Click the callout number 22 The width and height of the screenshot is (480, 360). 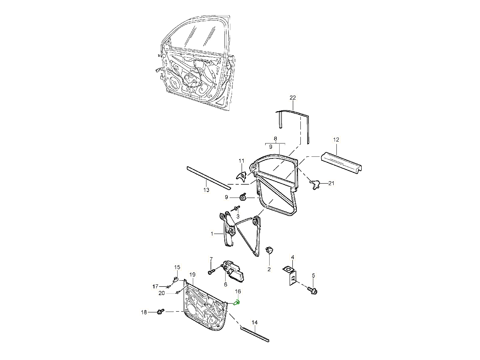(293, 98)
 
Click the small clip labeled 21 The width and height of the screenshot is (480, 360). (316, 184)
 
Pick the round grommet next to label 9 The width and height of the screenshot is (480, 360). (242, 197)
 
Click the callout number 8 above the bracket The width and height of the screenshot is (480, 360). (275, 139)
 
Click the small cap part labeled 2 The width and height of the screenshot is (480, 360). (269, 250)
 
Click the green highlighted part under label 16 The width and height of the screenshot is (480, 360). (236, 302)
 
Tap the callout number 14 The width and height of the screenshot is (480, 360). (254, 322)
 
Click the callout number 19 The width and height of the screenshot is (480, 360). (192, 275)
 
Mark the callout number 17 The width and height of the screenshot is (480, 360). (155, 286)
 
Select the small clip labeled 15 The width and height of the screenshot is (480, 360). (176, 279)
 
